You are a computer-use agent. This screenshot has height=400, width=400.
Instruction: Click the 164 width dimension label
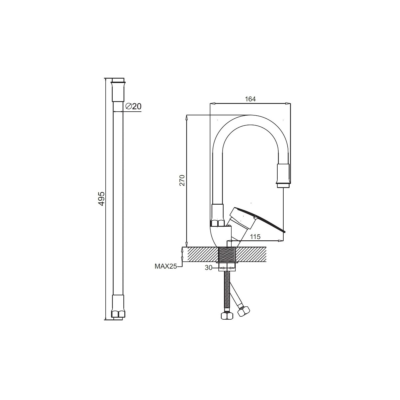[250, 99]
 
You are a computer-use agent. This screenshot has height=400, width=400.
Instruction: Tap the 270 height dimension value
[182, 180]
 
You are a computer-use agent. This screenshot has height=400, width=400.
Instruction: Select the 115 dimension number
[255, 237]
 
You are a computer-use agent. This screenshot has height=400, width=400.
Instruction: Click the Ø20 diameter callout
[133, 106]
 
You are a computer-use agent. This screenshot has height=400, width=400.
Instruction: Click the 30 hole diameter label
[209, 268]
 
